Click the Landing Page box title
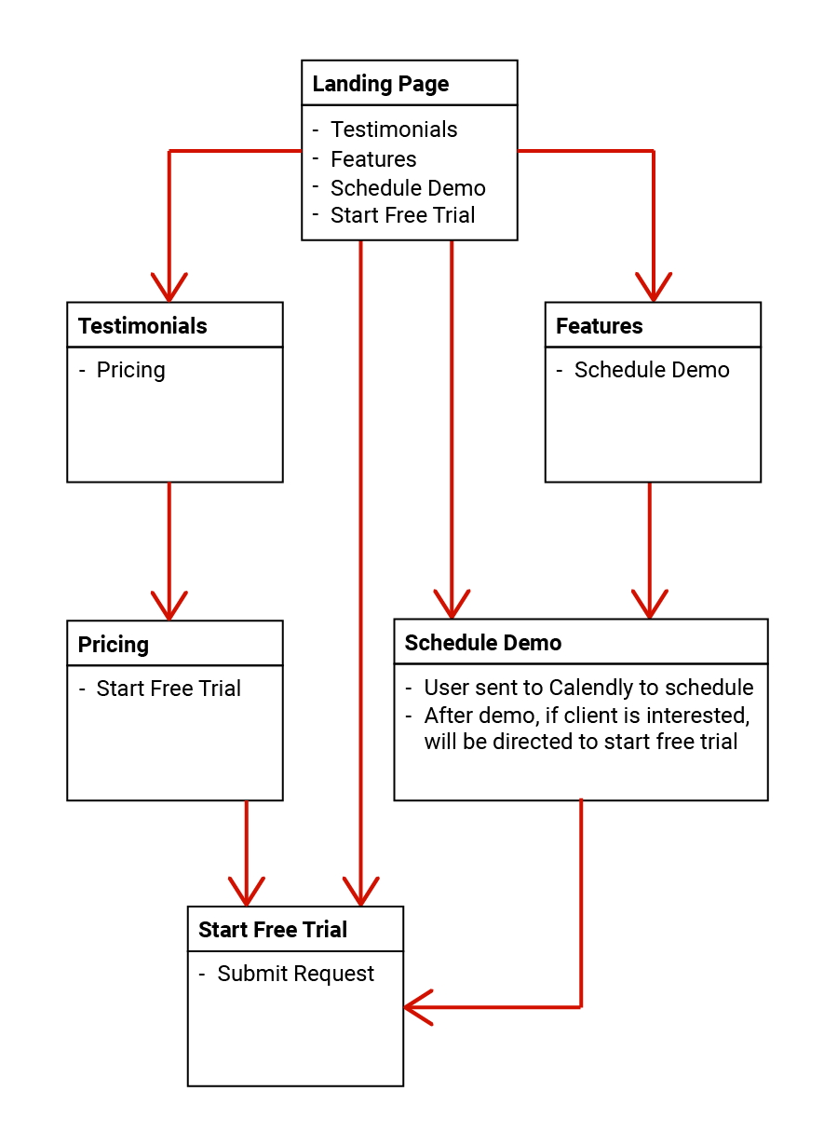coord(381,84)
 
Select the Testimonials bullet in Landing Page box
coord(394,130)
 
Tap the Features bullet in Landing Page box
coord(373,159)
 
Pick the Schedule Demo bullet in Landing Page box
coord(408,188)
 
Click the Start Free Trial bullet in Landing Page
coord(402,215)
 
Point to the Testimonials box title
coord(142,326)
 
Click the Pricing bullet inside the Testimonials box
coord(130,370)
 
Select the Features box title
coord(599,326)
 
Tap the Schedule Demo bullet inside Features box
coord(652,370)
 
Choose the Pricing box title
coord(114,645)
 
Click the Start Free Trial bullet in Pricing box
coord(169,689)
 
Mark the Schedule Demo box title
coord(483,643)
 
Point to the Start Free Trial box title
coord(273,930)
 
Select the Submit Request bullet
coord(295,974)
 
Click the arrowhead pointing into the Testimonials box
coord(169,289)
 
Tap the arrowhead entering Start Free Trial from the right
coord(416,1007)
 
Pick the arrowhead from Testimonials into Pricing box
coord(169,607)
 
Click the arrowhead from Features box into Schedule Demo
coord(650,605)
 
